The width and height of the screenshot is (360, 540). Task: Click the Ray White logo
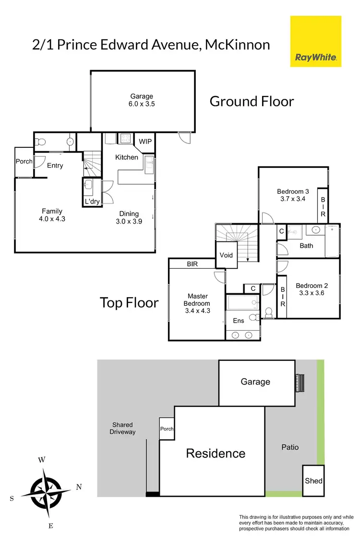click(315, 41)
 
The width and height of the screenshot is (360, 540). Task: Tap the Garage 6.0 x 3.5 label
click(142, 100)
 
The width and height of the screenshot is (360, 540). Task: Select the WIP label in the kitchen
click(145, 142)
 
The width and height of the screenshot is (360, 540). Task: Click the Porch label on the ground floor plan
click(24, 162)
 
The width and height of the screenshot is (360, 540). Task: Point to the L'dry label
click(92, 202)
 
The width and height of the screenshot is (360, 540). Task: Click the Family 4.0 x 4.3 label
click(52, 215)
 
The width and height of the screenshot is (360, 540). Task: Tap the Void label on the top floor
click(226, 255)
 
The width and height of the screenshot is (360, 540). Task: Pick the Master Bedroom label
click(198, 303)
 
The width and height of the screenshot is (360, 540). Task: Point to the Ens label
click(239, 321)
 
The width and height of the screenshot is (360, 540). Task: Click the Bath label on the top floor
click(306, 246)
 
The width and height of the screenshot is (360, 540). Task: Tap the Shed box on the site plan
click(313, 480)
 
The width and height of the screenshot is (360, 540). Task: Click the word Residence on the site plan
click(216, 453)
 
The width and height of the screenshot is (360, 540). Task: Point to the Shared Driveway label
click(122, 428)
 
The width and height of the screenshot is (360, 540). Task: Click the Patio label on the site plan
click(290, 447)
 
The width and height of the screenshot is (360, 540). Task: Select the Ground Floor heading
click(252, 101)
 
